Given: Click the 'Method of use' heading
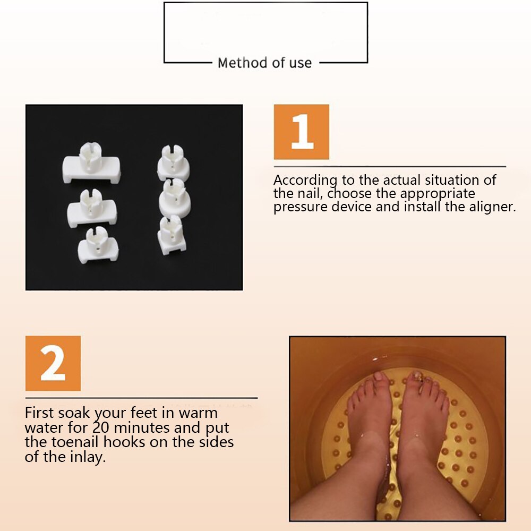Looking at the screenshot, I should tap(264, 63).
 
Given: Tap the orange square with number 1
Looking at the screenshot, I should tap(301, 132).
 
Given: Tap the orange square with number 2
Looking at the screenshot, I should tap(53, 363).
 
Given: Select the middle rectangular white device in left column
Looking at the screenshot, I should tap(92, 208).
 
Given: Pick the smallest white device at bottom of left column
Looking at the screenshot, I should tap(98, 244).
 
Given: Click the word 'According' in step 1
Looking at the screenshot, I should tap(305, 181).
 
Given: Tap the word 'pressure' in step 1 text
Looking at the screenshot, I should tap(301, 207).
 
